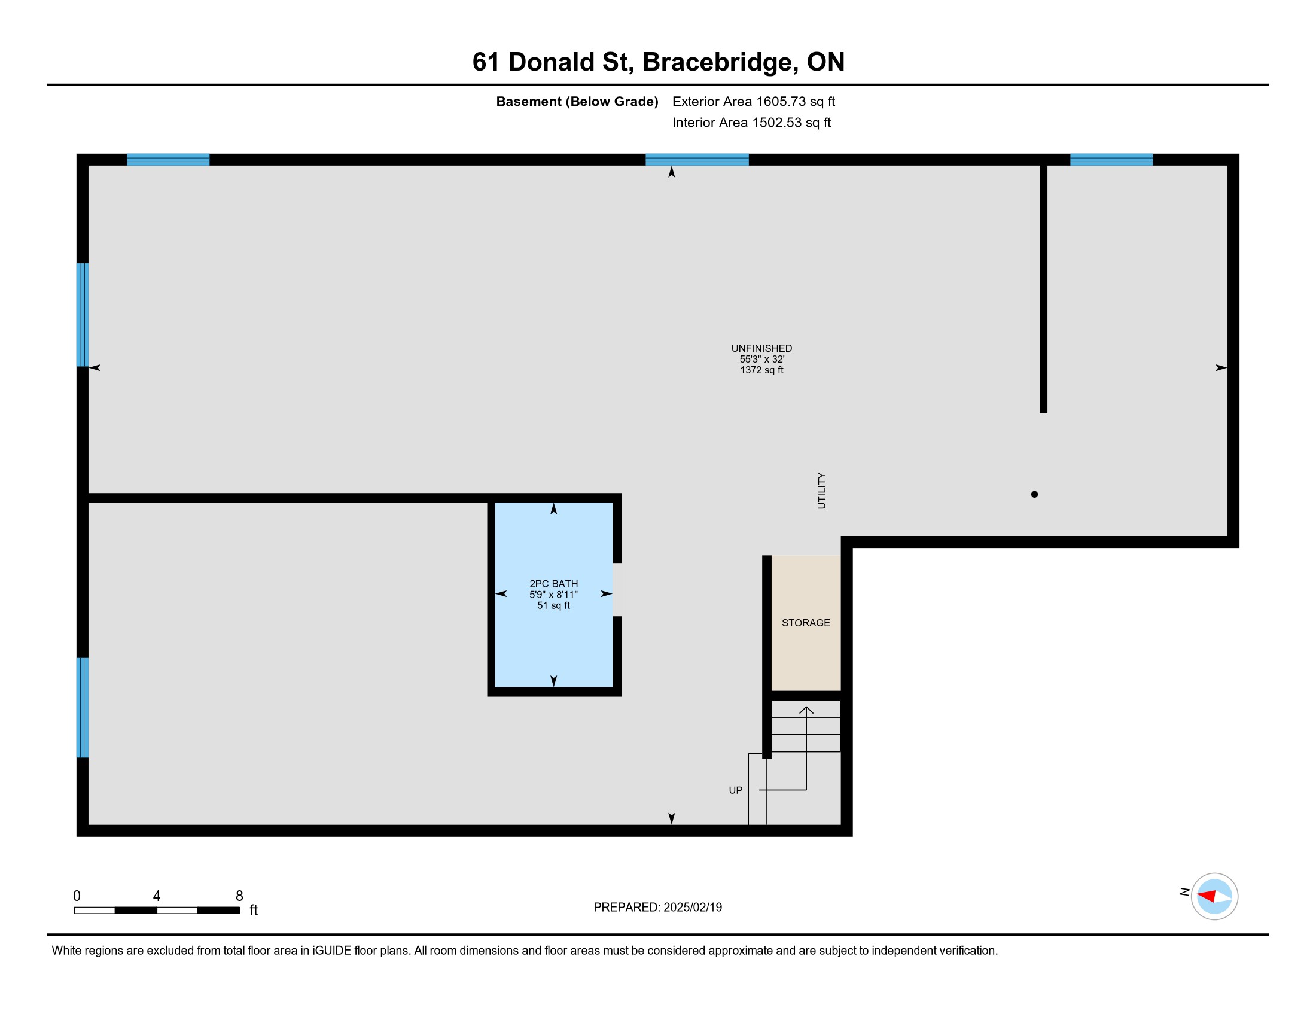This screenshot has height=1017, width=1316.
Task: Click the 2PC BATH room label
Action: tap(553, 584)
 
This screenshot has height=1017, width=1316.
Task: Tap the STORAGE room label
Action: tap(806, 623)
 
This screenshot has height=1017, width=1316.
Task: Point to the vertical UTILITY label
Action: tap(822, 491)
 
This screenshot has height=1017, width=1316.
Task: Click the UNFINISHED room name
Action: tap(761, 348)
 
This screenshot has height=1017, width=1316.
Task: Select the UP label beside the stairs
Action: tap(736, 790)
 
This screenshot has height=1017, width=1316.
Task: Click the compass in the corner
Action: tap(1214, 896)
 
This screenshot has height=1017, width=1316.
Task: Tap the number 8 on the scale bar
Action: tap(239, 896)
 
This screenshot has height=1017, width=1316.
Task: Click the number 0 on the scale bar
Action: tap(77, 896)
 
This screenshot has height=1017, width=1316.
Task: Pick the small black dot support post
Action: tap(1035, 494)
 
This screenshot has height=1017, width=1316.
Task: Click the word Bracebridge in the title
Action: tap(717, 62)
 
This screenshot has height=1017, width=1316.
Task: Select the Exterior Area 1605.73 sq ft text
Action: tap(754, 101)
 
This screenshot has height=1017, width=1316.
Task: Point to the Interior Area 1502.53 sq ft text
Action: tap(751, 122)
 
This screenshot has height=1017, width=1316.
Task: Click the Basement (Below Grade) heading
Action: tap(577, 101)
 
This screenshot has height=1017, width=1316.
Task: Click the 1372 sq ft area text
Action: tap(761, 370)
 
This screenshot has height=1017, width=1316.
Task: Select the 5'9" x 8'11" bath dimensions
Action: tap(553, 595)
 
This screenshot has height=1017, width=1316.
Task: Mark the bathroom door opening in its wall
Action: tap(617, 590)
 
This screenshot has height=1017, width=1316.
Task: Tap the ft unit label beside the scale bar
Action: tap(254, 910)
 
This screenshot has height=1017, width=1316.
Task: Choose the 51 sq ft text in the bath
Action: tap(553, 605)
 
